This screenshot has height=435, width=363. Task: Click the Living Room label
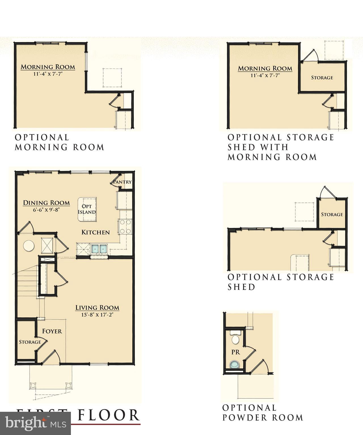click(x=97, y=308)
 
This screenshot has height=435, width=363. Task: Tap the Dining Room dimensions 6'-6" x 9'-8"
click(x=46, y=210)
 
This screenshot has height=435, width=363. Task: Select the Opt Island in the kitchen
click(x=87, y=209)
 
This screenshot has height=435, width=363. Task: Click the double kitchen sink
click(x=99, y=249)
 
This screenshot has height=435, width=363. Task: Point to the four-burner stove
click(x=125, y=227)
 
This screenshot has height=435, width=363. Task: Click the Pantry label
click(x=123, y=182)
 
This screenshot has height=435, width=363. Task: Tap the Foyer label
click(x=52, y=331)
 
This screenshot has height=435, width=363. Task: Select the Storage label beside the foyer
click(x=30, y=342)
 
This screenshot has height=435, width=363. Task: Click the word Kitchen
click(x=96, y=232)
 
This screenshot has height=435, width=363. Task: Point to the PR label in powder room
click(x=236, y=352)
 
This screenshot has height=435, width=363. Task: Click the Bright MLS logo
click(x=35, y=423)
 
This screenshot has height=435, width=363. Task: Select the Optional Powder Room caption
click(x=262, y=413)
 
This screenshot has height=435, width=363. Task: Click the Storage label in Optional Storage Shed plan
click(x=332, y=214)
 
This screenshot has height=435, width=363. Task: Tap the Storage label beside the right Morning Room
click(x=322, y=78)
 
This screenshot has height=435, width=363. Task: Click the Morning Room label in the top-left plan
click(x=48, y=67)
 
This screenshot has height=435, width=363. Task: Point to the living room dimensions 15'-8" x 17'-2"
click(x=97, y=315)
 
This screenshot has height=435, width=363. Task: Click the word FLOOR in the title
click(x=109, y=415)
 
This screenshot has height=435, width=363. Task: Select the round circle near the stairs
click(x=29, y=246)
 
